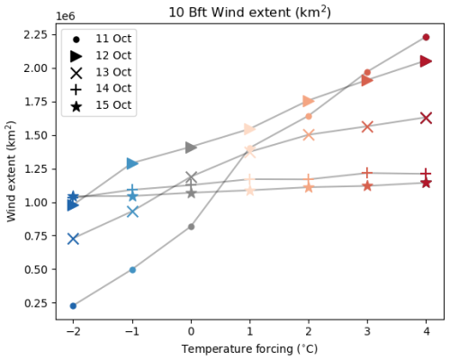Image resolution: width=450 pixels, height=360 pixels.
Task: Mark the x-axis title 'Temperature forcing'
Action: (x=249, y=348)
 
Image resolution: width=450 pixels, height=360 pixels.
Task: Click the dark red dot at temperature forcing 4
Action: (x=426, y=37)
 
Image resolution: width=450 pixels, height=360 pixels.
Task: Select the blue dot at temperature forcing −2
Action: (x=73, y=306)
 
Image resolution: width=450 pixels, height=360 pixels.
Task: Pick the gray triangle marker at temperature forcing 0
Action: (x=191, y=147)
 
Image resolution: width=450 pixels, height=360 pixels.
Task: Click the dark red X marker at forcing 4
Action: (x=426, y=118)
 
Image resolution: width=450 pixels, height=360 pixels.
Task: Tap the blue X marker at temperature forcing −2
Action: (x=73, y=238)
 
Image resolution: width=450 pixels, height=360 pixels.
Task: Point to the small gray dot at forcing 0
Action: (x=191, y=227)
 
